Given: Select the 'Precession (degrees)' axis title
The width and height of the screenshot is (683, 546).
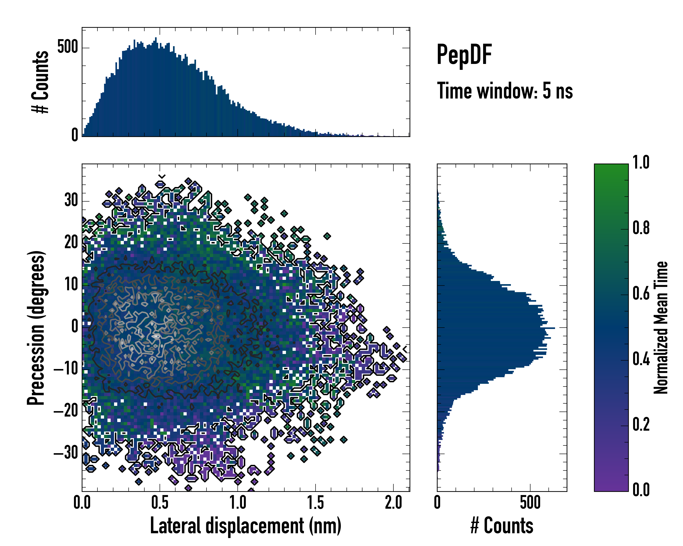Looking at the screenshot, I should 36,328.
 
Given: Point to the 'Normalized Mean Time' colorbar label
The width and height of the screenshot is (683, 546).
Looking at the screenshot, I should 660,328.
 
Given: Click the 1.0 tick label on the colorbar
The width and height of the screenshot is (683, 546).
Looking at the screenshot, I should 641,163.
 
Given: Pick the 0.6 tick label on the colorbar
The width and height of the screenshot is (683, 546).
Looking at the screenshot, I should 641,294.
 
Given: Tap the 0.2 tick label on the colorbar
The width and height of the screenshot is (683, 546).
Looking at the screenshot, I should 641,425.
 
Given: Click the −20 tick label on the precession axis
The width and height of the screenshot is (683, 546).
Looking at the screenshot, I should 66,412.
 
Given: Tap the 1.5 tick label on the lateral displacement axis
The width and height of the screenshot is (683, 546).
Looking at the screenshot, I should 316,503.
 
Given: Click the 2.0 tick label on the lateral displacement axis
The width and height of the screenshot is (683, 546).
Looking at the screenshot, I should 393,503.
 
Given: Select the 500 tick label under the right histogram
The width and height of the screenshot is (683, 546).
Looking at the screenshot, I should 530,503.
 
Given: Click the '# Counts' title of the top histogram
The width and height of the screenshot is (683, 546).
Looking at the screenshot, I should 40,82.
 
